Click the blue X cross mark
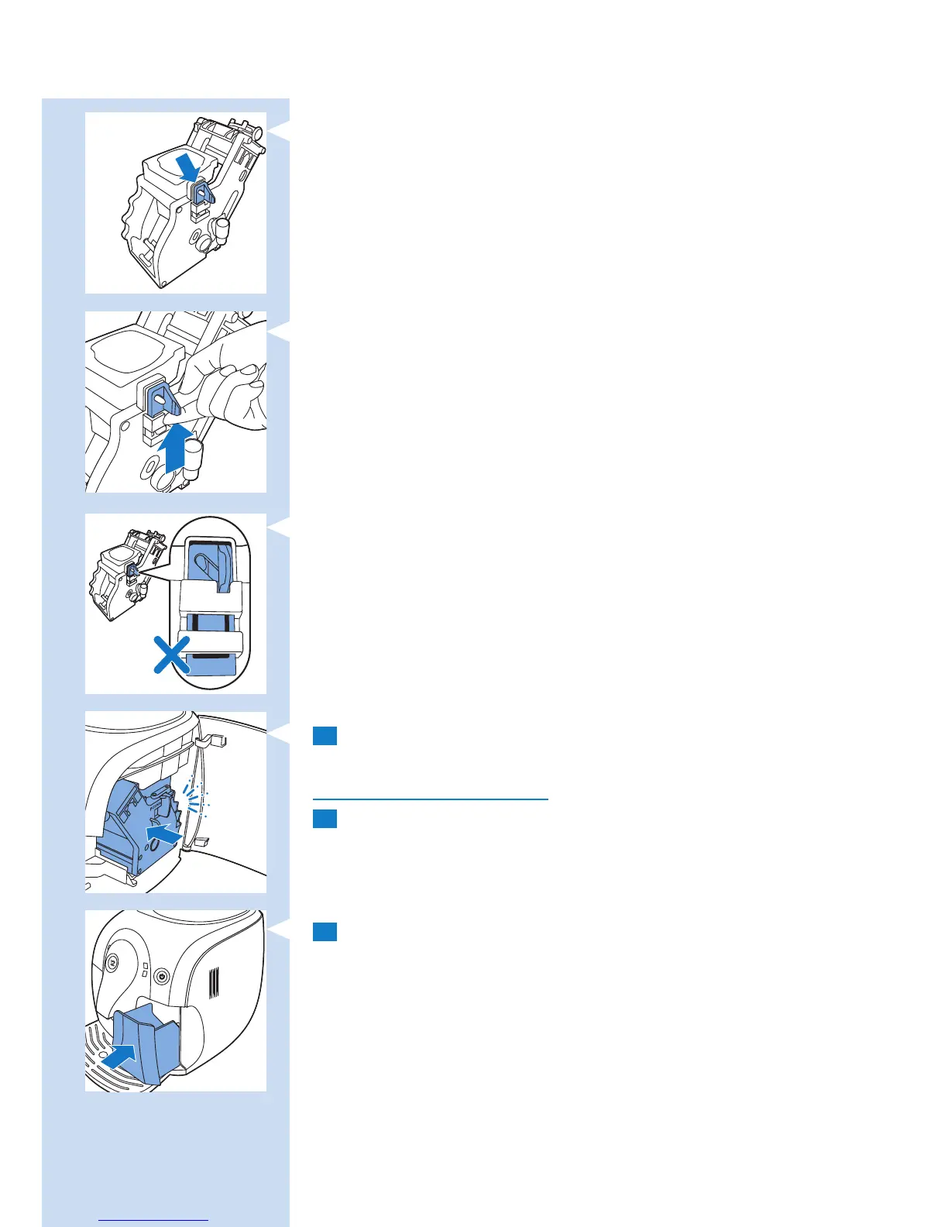[172, 655]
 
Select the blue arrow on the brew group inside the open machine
[164, 835]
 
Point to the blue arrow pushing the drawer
[121, 1056]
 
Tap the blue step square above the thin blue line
[325, 735]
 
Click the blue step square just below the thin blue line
[325, 819]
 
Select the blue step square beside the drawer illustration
[325, 931]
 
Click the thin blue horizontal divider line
[430, 799]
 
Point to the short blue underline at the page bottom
[154, 1221]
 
